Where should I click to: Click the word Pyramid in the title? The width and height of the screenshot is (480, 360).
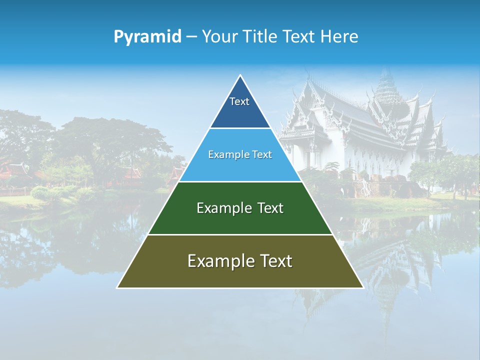[x=147, y=37]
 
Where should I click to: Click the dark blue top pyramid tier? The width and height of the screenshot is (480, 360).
[x=240, y=112]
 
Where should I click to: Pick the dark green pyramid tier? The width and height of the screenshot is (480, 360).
[x=240, y=220]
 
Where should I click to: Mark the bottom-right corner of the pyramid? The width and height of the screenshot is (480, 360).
[x=362, y=287]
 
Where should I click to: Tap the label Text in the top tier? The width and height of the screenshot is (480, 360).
[x=239, y=101]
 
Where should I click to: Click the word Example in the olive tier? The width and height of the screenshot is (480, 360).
[x=218, y=261]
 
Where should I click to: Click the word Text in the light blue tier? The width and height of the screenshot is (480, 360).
[x=262, y=154]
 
